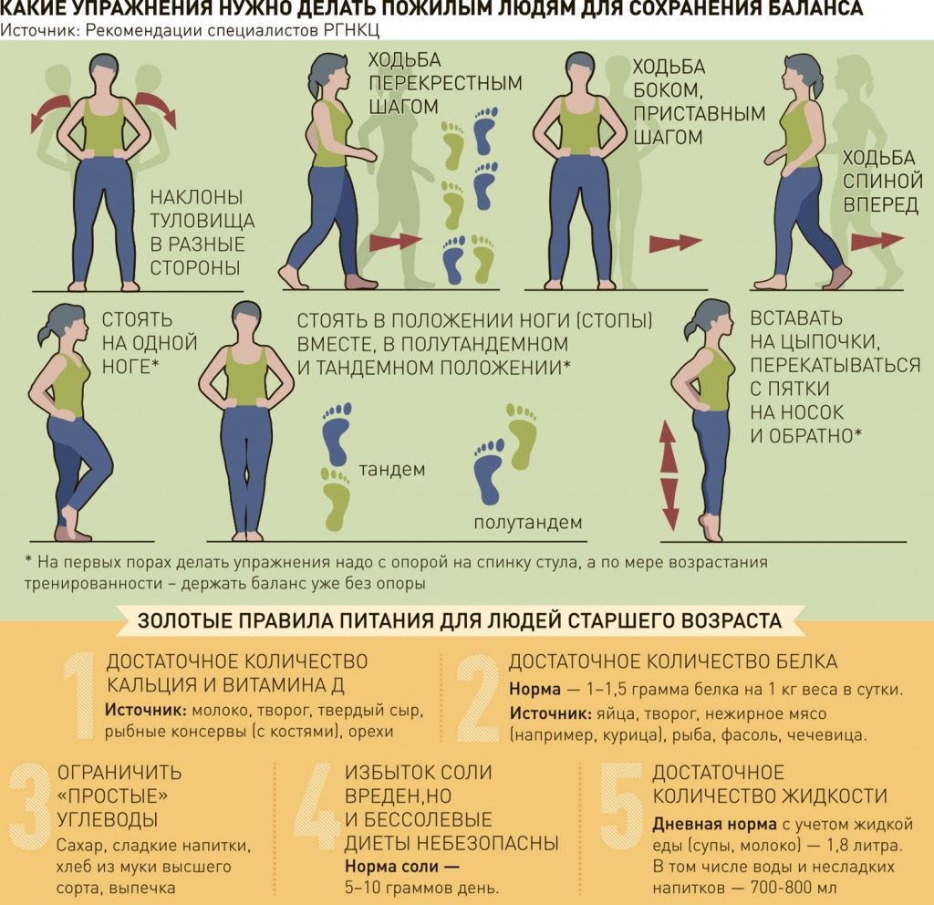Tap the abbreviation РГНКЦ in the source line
(x=351, y=30)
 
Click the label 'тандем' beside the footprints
(x=392, y=470)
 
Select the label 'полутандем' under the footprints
(x=528, y=523)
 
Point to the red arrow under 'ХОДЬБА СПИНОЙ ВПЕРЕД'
(x=877, y=241)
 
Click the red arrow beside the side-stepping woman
(x=675, y=243)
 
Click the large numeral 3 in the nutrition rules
(x=30, y=806)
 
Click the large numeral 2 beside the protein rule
(x=479, y=697)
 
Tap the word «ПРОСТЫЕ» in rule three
(x=112, y=796)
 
